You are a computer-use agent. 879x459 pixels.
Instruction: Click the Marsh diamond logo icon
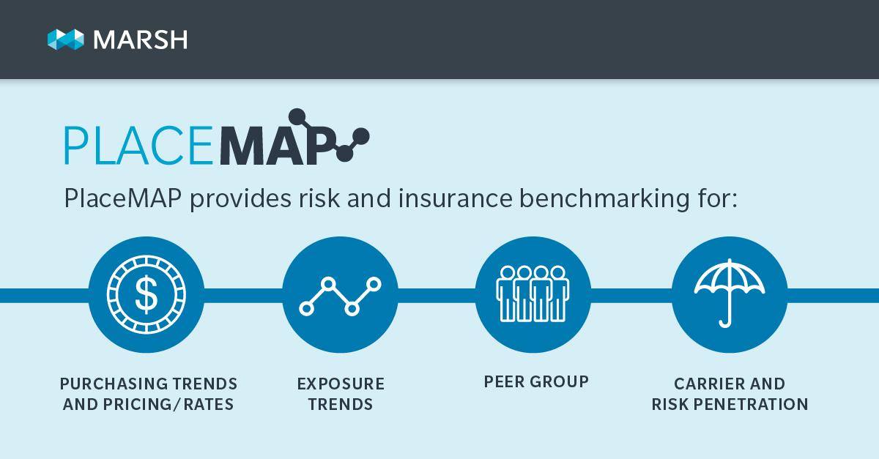point(65,40)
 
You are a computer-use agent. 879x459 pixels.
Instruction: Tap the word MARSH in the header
point(141,40)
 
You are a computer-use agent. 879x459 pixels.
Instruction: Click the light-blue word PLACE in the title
point(138,145)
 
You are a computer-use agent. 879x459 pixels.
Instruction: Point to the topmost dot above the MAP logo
point(297,117)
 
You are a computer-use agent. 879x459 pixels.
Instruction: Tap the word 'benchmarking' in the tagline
point(604,198)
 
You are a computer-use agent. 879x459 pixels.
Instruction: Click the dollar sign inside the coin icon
point(146,294)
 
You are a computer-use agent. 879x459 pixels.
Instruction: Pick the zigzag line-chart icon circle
point(340,294)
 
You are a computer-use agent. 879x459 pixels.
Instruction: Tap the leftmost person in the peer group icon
point(507,294)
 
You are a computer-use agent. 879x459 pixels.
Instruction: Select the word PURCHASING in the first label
point(114,384)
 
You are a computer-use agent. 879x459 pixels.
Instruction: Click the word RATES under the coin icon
point(208,404)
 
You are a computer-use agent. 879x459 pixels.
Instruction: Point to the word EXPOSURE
point(341,384)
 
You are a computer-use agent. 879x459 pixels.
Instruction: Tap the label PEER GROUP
point(536,381)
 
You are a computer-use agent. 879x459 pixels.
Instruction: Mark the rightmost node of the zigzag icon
point(374,284)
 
